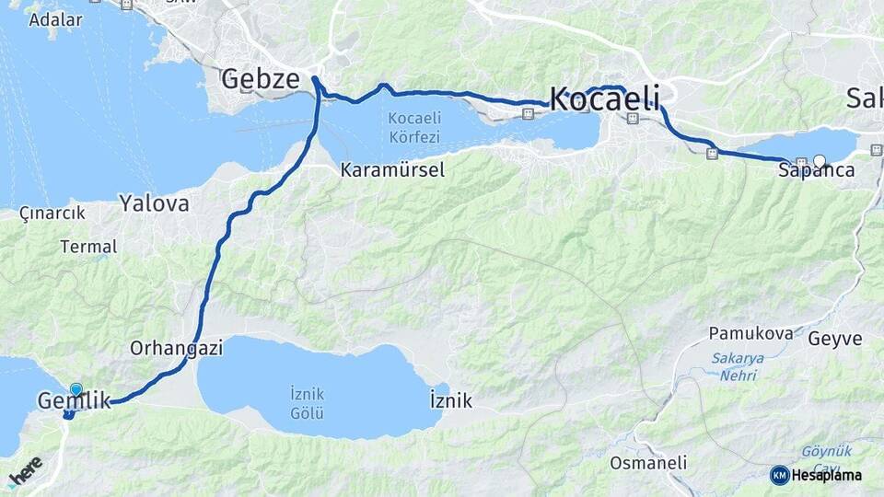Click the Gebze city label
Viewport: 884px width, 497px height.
point(261,79)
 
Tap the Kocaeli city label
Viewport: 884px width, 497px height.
point(605,98)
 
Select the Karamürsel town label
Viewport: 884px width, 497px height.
point(392,169)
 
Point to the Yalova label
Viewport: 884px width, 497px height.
point(154,203)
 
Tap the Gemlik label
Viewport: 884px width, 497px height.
point(74,400)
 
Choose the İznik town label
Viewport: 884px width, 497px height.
point(450,400)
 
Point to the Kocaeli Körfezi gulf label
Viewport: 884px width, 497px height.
point(414,126)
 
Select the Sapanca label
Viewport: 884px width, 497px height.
point(816,170)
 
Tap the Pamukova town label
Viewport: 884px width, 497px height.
point(750,333)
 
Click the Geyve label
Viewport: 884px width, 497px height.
point(835,339)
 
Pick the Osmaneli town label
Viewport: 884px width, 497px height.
point(648,462)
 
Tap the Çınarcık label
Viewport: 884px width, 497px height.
point(52,213)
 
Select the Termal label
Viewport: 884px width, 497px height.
point(88,247)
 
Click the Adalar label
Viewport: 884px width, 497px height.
point(55,19)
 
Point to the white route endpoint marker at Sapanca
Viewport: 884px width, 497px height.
point(820,161)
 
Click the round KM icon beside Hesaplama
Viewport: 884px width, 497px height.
point(780,475)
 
